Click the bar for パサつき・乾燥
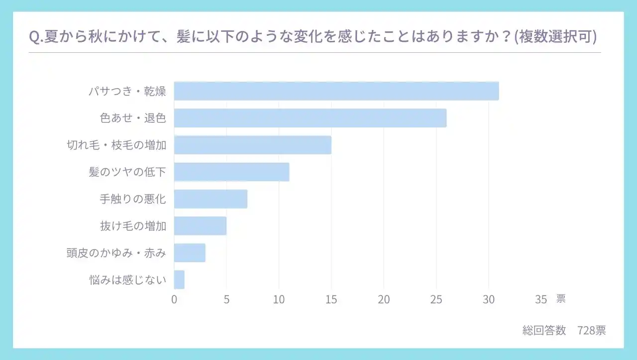pos(336,91)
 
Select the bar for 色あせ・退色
pos(310,118)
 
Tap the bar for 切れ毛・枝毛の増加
pos(252,145)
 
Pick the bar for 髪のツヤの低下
pos(231,172)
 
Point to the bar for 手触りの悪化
pos(211,199)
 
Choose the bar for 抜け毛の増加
pos(200,226)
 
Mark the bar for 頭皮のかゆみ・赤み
pos(190,252)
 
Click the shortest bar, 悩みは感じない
pos(179,279)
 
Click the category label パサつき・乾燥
pos(127,92)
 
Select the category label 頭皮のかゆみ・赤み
pos(116,253)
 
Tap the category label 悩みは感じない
pos(127,280)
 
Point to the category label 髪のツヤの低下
pos(127,172)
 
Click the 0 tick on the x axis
pos(174,299)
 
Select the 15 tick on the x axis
pos(331,299)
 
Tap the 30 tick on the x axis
pos(489,299)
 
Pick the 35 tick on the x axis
pos(541,299)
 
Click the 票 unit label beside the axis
pos(561,299)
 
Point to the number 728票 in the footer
pos(592,330)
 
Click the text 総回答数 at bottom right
pos(544,330)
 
